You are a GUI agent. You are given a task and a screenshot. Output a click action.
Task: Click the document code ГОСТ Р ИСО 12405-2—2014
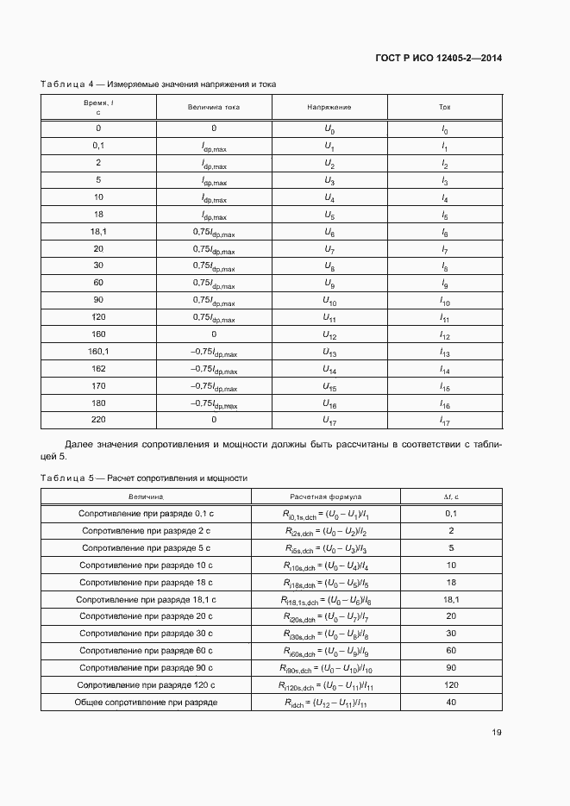point(439,59)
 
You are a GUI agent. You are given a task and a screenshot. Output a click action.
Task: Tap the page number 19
point(497,733)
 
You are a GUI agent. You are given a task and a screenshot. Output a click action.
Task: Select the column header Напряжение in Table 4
point(329,107)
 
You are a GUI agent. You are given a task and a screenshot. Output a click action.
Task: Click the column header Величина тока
point(213,107)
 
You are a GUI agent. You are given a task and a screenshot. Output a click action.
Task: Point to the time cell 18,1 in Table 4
point(98,232)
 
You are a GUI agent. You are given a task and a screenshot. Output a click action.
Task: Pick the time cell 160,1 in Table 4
point(98,352)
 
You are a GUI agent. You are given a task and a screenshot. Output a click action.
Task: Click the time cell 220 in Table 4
point(98,420)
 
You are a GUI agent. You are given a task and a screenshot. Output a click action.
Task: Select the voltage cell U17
point(329,421)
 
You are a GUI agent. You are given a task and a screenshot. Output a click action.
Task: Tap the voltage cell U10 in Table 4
point(329,301)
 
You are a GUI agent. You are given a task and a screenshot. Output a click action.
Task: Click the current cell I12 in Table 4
point(445,335)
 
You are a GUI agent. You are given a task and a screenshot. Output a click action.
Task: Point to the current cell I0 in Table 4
point(445,129)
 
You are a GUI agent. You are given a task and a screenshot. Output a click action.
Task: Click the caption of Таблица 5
point(144,477)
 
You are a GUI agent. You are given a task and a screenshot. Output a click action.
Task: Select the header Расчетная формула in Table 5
point(326,497)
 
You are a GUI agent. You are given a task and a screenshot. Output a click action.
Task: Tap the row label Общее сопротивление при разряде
point(147,702)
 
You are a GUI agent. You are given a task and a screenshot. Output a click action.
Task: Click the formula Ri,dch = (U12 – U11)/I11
point(326,703)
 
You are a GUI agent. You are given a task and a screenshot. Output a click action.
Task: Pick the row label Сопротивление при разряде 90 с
point(147,668)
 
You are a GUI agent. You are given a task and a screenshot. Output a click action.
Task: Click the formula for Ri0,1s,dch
point(326,515)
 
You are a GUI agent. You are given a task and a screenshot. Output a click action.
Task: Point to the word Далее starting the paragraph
point(79,444)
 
